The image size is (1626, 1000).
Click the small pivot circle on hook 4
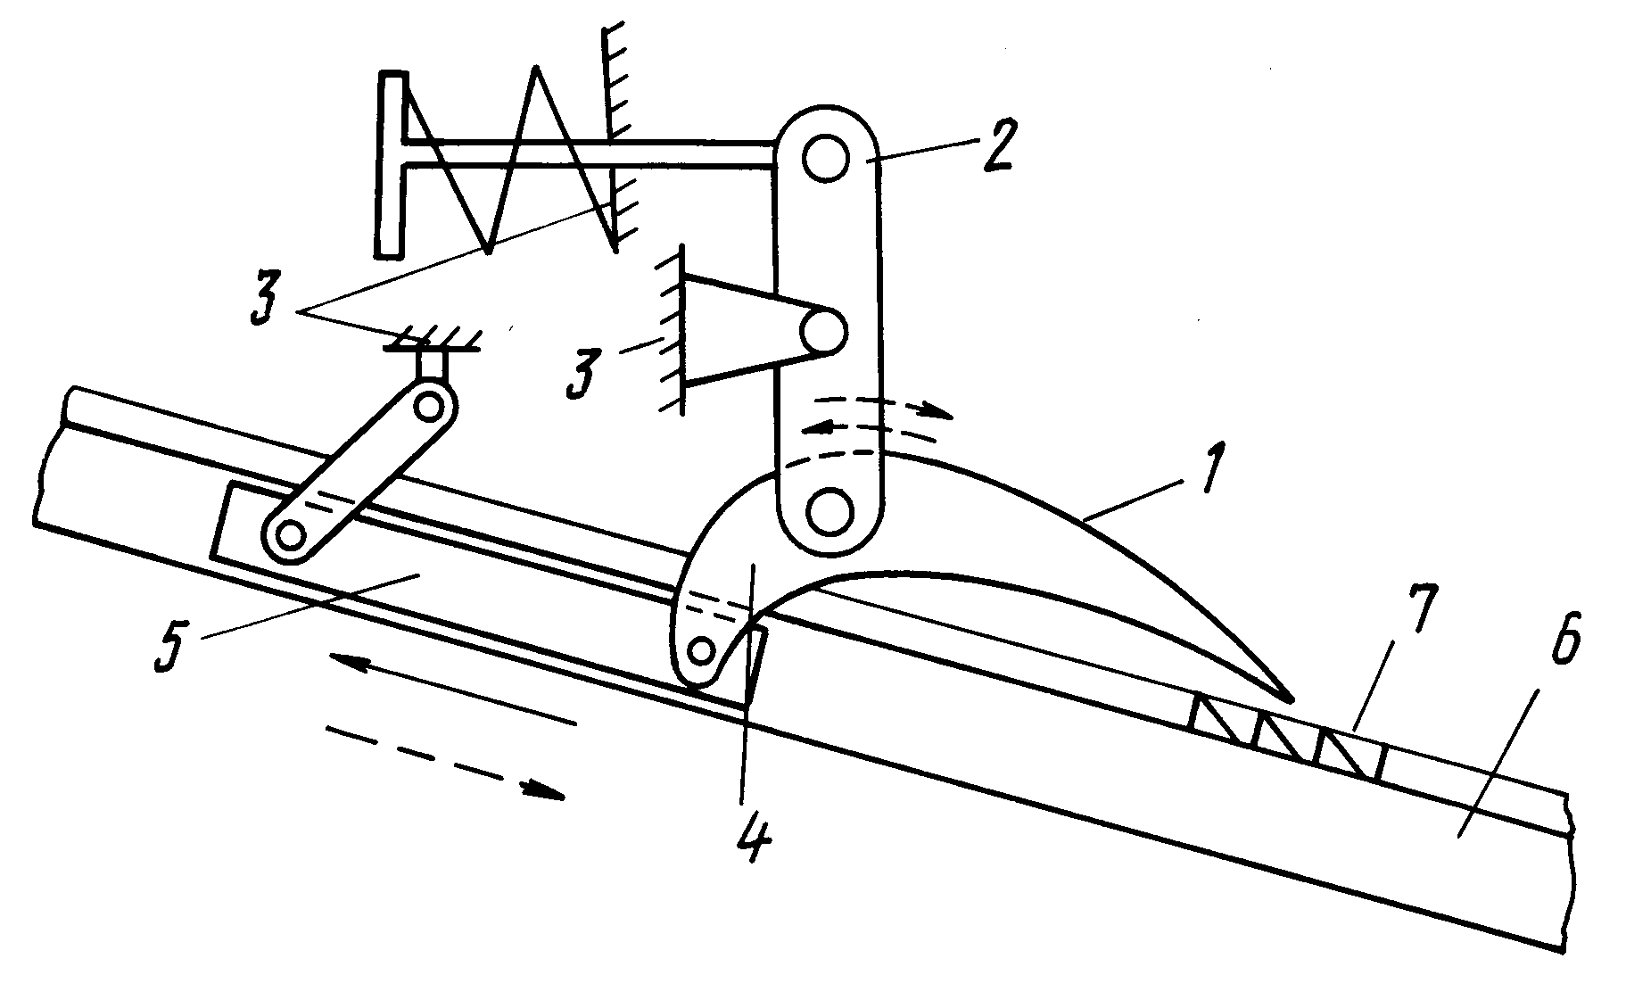click(702, 649)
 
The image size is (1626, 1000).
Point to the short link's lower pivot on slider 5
click(288, 535)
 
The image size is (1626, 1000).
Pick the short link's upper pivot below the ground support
click(431, 406)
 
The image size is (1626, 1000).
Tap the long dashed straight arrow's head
click(545, 789)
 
